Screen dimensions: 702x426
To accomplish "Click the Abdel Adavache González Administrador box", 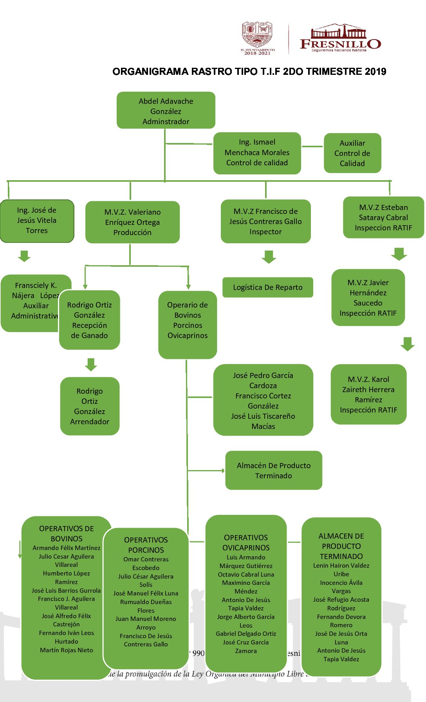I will point(166,110).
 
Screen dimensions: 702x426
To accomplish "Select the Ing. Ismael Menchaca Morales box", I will point(257,153).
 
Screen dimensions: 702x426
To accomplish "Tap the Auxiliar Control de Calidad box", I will point(352,153).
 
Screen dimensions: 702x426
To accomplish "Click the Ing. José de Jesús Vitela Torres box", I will point(37,221).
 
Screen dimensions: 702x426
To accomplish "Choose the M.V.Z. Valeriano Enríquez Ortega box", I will point(132,222).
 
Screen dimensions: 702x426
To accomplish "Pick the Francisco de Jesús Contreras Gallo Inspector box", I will point(265,221).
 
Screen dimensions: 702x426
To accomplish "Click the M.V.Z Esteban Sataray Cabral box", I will point(383,217).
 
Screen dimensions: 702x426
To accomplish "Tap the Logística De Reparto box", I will point(268,287).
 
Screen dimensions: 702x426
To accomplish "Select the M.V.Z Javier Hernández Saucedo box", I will point(368,297).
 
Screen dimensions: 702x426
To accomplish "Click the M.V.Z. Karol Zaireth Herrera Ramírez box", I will point(368,394).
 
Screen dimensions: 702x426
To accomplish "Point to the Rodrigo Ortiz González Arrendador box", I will point(90,406).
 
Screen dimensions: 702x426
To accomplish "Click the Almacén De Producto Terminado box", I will point(274,470).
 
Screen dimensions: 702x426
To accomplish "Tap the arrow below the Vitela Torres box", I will point(24,256).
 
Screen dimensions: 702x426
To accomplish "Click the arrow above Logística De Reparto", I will point(269,257).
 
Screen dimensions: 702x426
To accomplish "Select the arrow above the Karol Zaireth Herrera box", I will point(408,344).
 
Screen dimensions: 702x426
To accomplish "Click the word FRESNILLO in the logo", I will point(340,43).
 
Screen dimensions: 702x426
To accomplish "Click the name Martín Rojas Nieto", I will point(67,650).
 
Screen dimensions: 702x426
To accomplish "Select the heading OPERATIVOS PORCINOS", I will point(146,545).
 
